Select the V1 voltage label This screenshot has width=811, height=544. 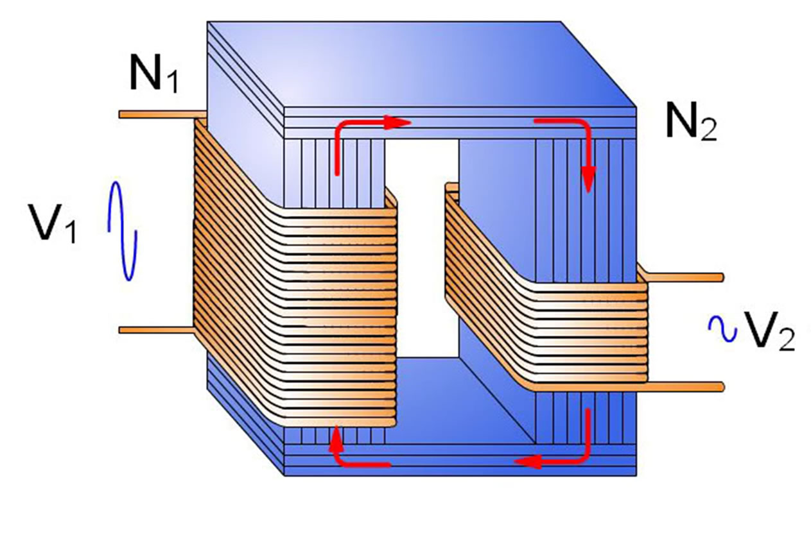(52, 223)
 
